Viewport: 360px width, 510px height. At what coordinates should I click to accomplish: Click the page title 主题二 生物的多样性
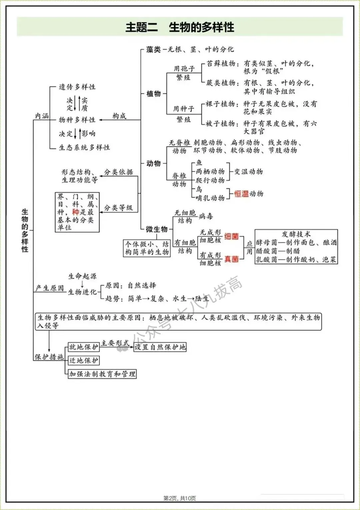(x=180, y=27)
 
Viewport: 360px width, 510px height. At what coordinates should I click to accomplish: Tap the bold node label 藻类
(x=153, y=50)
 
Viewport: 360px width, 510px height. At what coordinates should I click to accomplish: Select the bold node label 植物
(x=153, y=94)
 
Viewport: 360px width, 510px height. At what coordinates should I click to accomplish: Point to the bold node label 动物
(x=153, y=163)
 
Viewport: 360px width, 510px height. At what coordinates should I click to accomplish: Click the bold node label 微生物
(x=156, y=229)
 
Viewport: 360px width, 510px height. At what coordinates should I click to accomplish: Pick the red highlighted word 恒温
(x=241, y=194)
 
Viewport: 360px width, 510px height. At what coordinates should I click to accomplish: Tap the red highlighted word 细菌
(x=231, y=236)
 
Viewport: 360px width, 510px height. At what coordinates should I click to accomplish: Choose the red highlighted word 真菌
(x=231, y=259)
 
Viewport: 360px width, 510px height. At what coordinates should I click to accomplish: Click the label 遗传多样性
(x=77, y=87)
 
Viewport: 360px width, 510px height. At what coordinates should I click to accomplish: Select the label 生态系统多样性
(x=84, y=147)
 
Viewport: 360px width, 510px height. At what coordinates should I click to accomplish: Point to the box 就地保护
(x=84, y=347)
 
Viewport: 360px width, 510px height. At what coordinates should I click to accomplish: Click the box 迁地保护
(x=84, y=361)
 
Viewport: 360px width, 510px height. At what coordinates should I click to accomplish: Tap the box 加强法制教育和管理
(x=102, y=374)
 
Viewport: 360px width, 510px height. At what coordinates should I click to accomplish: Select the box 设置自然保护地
(x=160, y=347)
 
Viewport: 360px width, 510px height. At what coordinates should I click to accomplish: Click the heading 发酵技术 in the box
(x=296, y=234)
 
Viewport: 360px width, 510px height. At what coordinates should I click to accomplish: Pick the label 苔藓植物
(x=221, y=64)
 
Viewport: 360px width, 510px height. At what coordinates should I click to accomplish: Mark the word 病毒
(x=206, y=216)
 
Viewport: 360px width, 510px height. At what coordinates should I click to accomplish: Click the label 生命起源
(x=82, y=276)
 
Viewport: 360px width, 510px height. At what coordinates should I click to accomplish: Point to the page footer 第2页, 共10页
(x=180, y=498)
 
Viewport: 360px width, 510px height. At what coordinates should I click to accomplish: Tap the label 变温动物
(x=248, y=172)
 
